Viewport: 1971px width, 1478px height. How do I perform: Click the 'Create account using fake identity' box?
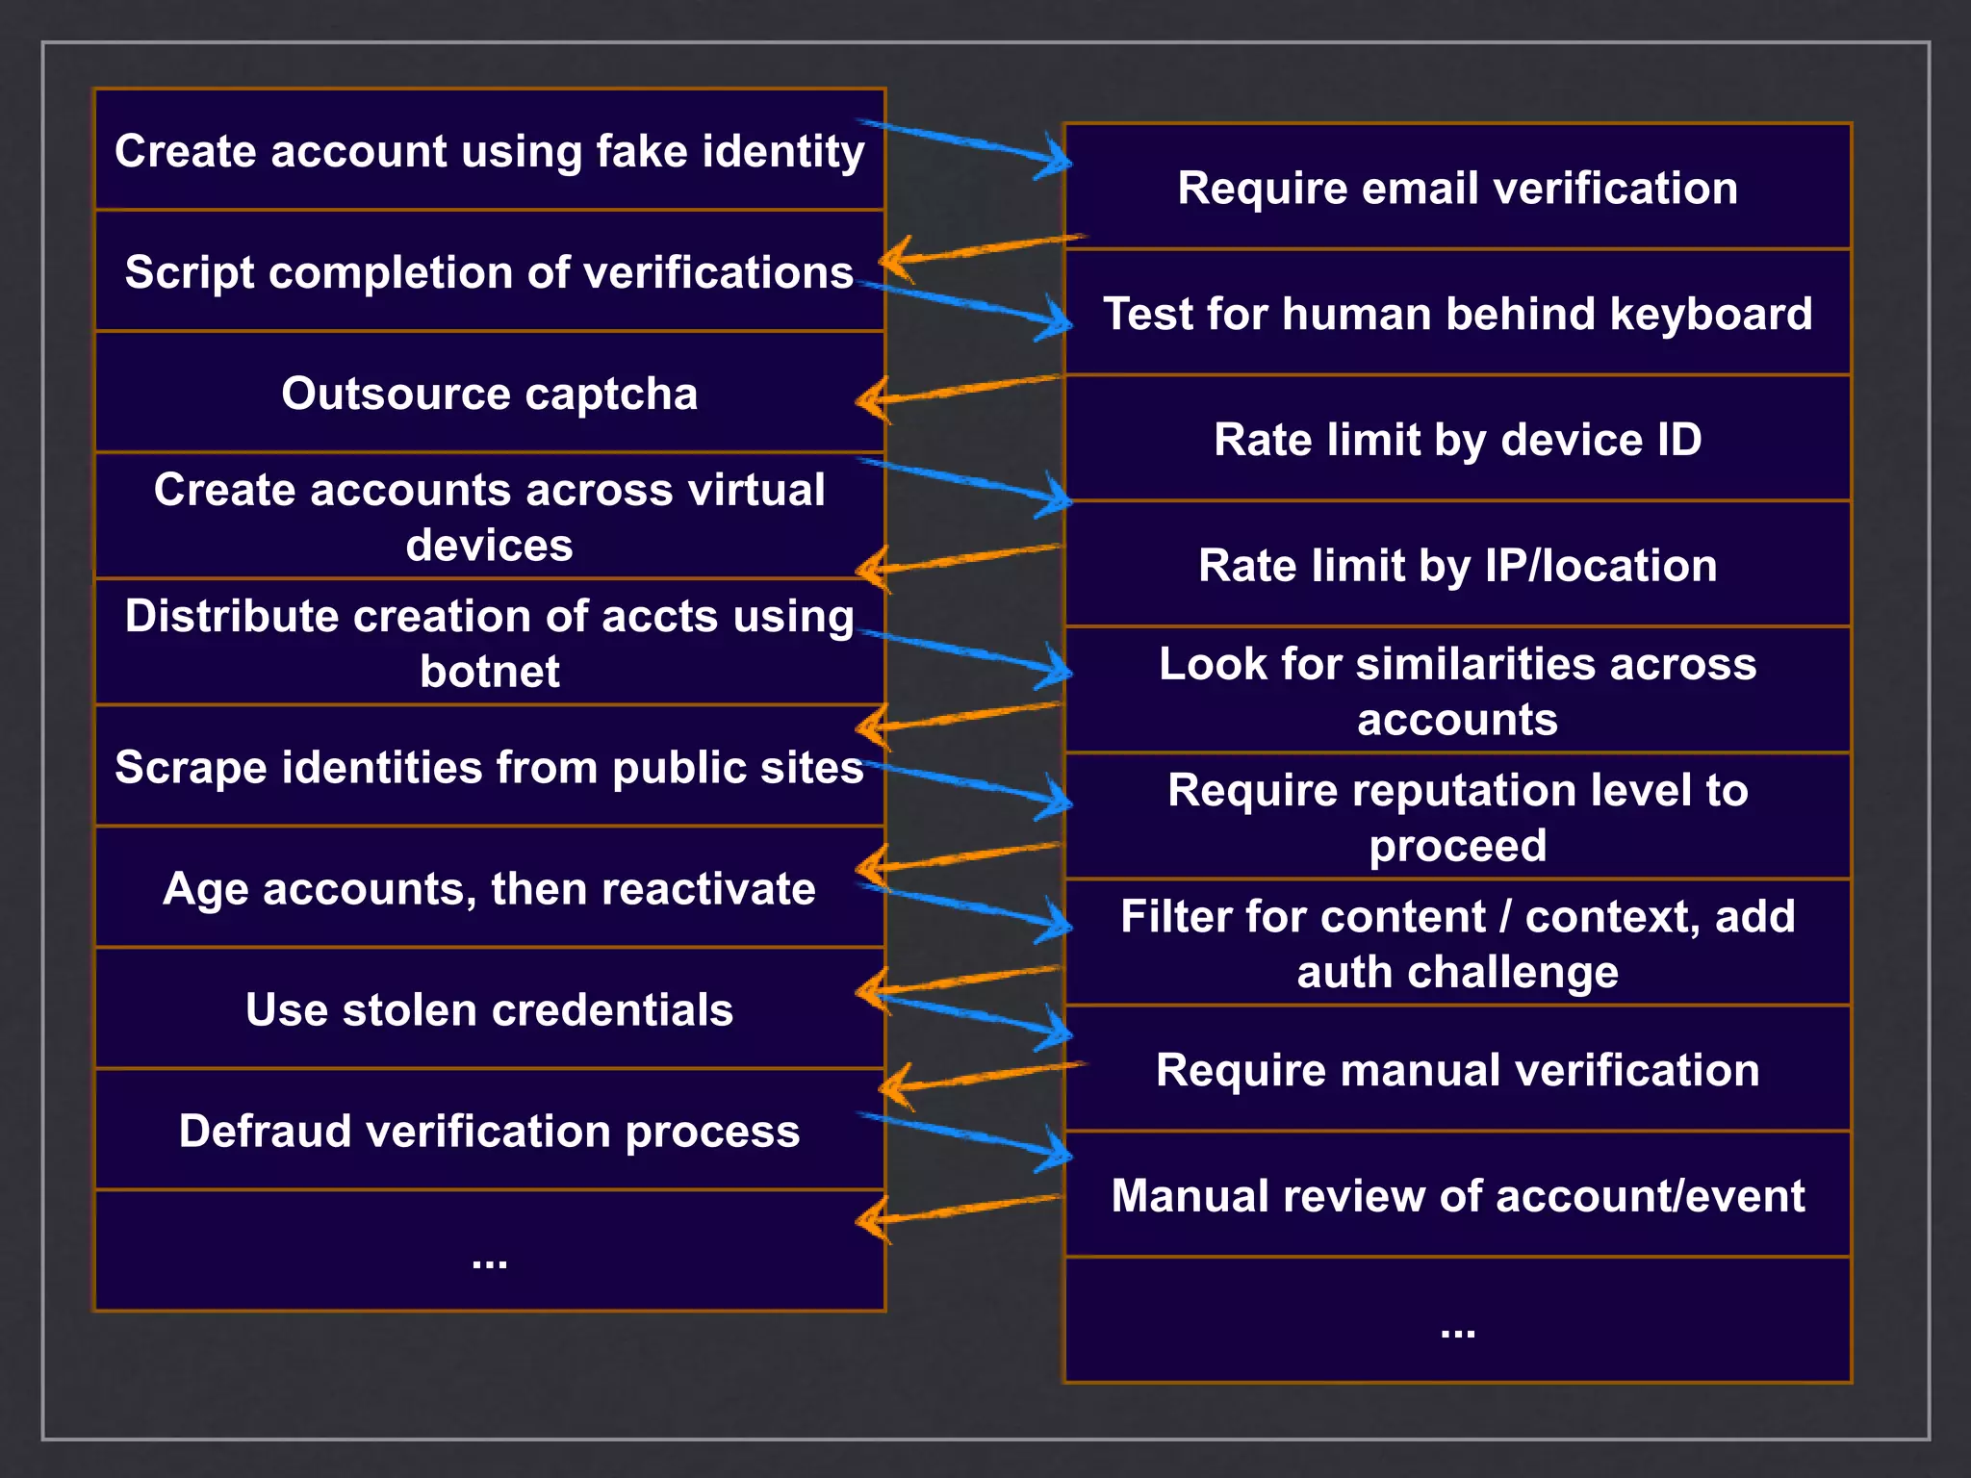(x=489, y=151)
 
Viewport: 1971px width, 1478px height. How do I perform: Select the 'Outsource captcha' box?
(x=489, y=394)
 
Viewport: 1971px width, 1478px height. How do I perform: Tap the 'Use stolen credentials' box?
(x=489, y=1009)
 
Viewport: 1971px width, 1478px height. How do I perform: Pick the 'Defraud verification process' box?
(x=489, y=1131)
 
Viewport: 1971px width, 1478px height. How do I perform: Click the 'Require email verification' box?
(x=1457, y=188)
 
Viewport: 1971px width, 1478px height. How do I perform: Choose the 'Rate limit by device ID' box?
(x=1457, y=440)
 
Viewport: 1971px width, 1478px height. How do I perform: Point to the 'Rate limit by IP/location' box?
(x=1457, y=565)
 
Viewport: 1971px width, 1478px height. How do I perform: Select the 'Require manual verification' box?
(x=1457, y=1070)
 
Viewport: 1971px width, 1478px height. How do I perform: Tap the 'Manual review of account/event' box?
(x=1457, y=1196)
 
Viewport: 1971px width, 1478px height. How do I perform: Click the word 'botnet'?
(x=489, y=672)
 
